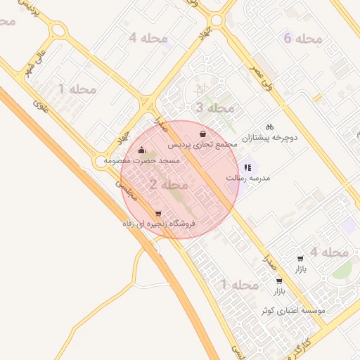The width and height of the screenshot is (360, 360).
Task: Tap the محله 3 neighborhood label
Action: [x=214, y=108]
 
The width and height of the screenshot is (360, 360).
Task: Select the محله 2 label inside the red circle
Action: [x=169, y=185]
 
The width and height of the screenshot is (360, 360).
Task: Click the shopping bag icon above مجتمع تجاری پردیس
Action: [x=203, y=134]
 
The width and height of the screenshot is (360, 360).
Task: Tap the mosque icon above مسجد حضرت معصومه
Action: [x=141, y=150]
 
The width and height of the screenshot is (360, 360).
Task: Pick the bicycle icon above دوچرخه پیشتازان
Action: [x=270, y=127]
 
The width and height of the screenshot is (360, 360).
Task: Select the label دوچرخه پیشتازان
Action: [x=270, y=138]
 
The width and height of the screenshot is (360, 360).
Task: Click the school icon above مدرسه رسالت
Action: [x=247, y=167]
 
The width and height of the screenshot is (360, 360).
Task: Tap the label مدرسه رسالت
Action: [x=247, y=178]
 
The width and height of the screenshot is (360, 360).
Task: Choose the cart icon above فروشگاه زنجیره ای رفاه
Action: [x=157, y=214]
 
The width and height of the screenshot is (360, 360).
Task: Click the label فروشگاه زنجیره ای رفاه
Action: [x=157, y=224]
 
